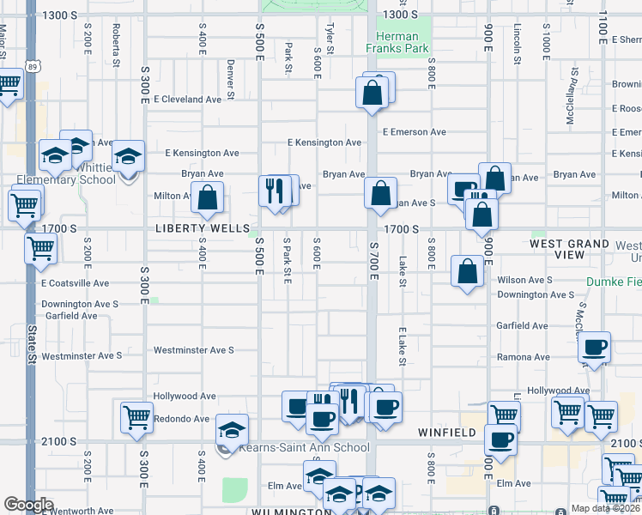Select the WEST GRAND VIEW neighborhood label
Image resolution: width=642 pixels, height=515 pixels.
(569, 249)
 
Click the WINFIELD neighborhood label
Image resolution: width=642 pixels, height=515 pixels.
(447, 433)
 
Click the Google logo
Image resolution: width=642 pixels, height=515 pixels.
(28, 504)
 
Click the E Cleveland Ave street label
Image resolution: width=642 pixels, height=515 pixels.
(187, 100)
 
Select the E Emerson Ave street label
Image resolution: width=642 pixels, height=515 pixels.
(415, 132)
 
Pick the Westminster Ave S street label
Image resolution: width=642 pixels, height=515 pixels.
(193, 350)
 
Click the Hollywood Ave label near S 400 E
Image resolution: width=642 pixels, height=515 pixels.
(184, 397)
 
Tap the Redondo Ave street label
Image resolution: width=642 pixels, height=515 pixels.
(181, 419)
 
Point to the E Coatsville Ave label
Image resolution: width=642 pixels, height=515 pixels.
(75, 282)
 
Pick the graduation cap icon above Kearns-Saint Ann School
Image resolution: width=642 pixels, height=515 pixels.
(232, 428)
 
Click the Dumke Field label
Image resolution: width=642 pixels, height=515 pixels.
(614, 282)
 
